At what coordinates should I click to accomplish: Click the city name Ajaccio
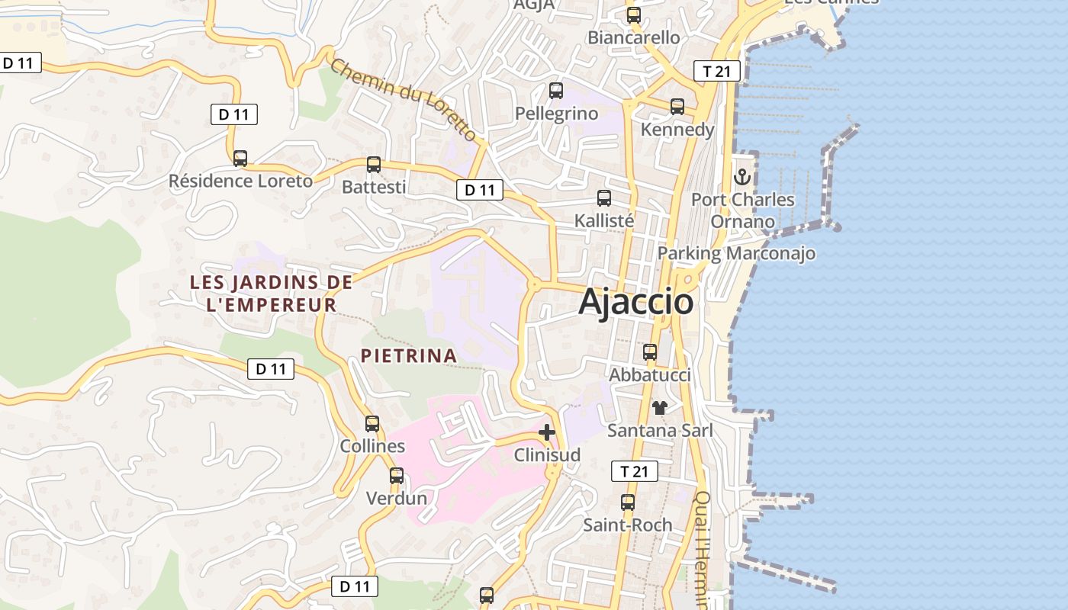click(636, 302)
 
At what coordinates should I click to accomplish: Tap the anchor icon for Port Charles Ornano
click(742, 177)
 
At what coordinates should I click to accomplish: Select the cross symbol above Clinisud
click(546, 432)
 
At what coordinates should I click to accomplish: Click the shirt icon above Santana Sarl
click(660, 408)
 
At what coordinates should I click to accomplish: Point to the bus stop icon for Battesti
click(374, 164)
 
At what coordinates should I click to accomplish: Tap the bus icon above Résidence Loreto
click(240, 158)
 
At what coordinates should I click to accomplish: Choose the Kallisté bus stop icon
click(604, 198)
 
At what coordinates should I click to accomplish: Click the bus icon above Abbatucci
click(650, 352)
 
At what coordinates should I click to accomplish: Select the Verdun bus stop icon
click(397, 476)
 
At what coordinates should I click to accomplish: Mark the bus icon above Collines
click(372, 424)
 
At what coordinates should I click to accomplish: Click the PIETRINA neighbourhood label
click(409, 355)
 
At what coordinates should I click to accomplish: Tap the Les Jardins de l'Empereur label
click(271, 294)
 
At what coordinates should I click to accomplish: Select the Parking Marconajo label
click(736, 253)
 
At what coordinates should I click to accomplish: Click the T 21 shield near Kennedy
click(717, 72)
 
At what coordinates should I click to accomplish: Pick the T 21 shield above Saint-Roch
click(634, 471)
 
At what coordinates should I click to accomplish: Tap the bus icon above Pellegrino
click(556, 91)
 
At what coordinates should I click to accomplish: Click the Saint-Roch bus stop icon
click(628, 502)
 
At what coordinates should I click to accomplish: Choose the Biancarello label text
click(633, 37)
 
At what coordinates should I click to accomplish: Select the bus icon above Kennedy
click(677, 107)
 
